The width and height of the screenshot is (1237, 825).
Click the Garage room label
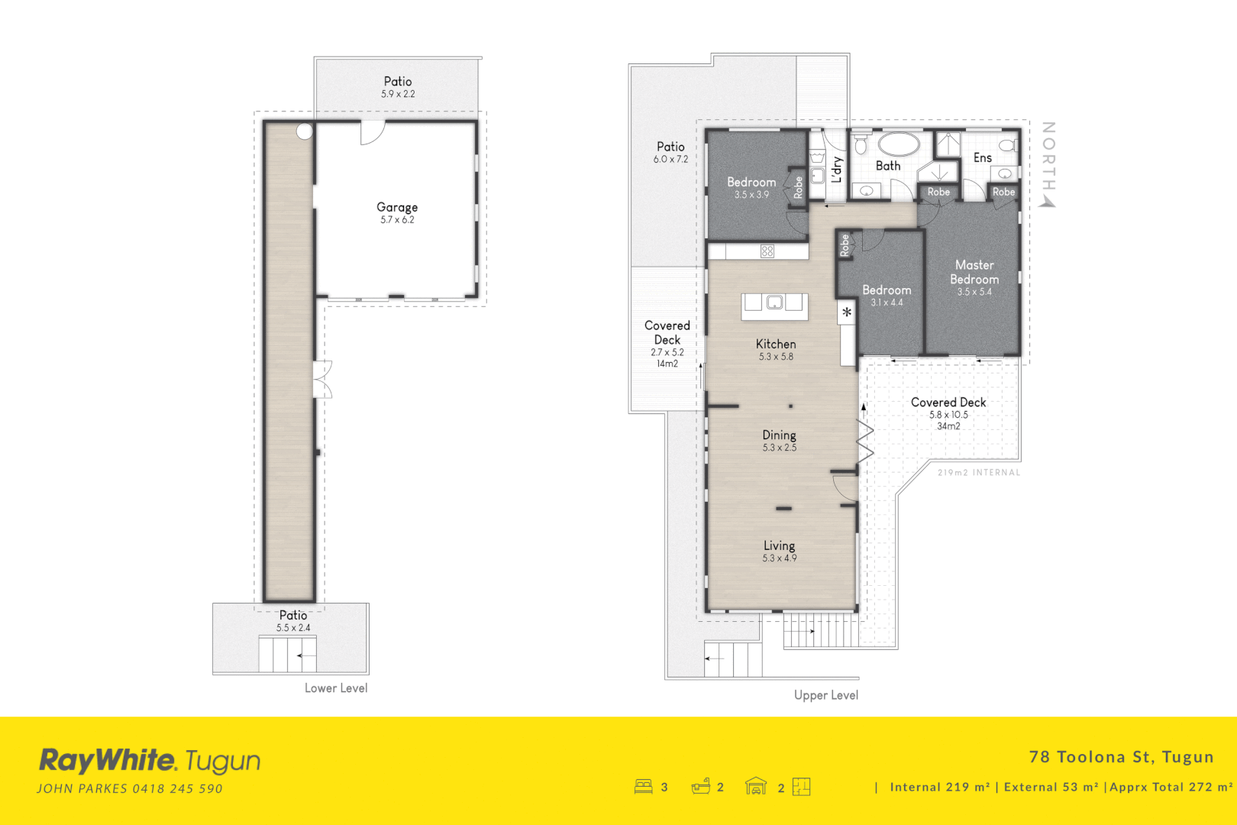coord(397,208)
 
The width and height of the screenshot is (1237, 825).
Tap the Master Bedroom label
coord(974,272)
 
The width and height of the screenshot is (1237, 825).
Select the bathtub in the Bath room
coord(899,144)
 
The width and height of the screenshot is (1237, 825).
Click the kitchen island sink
coord(774,303)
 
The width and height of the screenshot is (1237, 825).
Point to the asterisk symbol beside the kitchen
coord(847,312)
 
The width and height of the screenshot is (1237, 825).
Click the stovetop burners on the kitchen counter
coord(767,251)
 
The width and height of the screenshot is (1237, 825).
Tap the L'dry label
coord(837,170)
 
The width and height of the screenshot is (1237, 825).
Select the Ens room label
coord(982,158)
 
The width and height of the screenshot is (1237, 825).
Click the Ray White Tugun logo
coord(150,761)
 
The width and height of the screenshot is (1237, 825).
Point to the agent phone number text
coord(177,789)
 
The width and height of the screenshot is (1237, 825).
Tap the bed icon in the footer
coord(644,787)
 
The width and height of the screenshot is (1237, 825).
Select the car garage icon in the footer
coord(756,786)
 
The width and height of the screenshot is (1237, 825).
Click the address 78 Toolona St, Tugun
coord(1121,757)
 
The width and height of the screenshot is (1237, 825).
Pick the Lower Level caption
coord(336,688)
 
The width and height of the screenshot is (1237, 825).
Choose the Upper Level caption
coord(826,695)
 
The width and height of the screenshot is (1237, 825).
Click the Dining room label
coord(779,435)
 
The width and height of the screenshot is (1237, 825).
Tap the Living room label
coord(779,546)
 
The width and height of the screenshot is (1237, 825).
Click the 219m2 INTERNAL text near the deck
coord(978,473)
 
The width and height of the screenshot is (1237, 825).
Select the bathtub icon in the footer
coord(701,786)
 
